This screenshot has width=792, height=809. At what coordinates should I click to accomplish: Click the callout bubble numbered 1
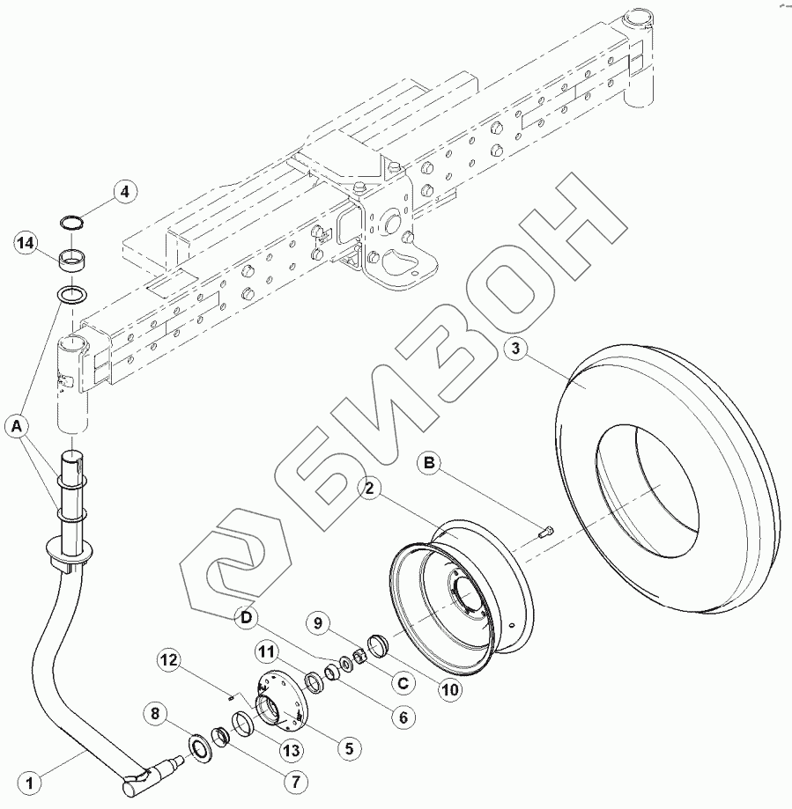pos(30,783)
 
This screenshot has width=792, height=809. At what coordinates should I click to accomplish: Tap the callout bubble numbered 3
pos(515,349)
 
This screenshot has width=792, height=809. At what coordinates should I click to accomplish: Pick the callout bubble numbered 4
pos(124,193)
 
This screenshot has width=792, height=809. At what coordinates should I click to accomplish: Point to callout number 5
pos(350,748)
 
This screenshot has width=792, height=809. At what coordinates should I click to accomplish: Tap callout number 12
pos(169,660)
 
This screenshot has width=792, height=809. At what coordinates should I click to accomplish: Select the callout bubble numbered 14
pos(26,243)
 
